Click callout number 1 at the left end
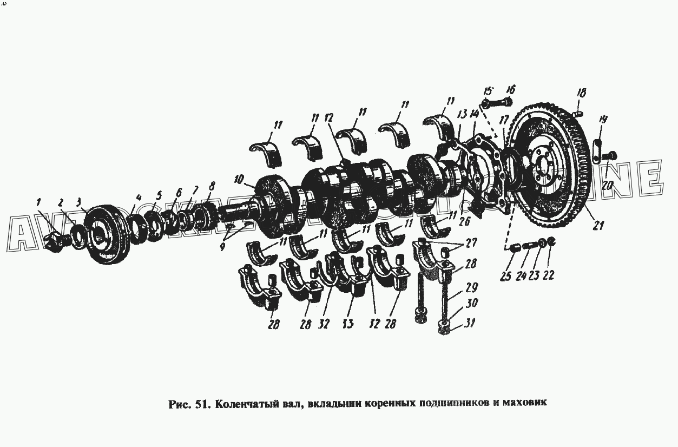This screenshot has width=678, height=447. (38, 202)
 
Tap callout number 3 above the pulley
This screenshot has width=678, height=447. (79, 203)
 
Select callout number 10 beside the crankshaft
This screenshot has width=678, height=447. (239, 179)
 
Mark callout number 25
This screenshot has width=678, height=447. (505, 276)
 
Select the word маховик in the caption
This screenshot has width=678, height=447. (525, 403)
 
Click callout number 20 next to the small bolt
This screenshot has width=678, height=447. (607, 185)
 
